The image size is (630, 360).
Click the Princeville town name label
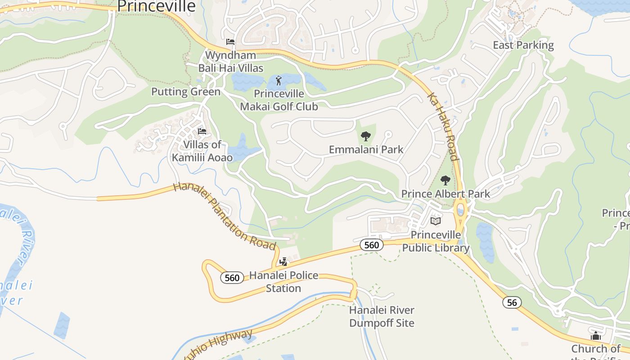(156, 6)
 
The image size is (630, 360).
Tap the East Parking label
(523, 45)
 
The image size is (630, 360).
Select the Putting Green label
(186, 92)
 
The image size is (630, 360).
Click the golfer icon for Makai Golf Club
(279, 81)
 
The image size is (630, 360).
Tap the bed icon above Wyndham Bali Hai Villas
(230, 42)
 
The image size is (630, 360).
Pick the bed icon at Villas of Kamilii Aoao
(202, 131)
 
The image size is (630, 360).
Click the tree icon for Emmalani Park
(366, 136)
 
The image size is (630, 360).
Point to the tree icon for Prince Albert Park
(445, 180)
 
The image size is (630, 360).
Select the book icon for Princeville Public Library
(435, 221)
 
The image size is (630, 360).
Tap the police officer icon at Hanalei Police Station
(283, 261)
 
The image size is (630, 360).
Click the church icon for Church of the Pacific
(596, 336)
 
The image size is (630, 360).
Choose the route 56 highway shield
(512, 302)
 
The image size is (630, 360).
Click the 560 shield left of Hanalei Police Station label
(232, 278)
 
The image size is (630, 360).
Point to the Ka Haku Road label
(443, 126)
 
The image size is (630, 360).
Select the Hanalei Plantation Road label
(224, 216)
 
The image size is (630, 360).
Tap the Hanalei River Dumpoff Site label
(382, 316)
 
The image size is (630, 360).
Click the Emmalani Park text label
(366, 149)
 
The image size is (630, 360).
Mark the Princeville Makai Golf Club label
(279, 100)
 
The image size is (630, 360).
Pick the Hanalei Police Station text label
(283, 282)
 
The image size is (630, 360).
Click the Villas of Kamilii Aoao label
(202, 151)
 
